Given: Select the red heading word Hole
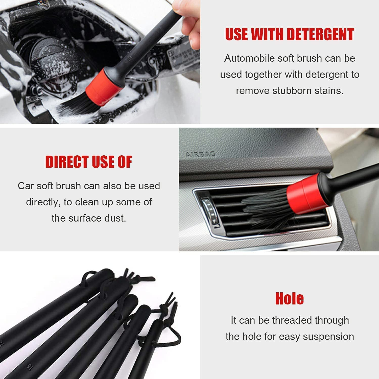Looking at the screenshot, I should click(x=289, y=298).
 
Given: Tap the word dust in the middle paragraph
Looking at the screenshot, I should click(x=115, y=218).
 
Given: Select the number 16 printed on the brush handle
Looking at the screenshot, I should click(x=30, y=366).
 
